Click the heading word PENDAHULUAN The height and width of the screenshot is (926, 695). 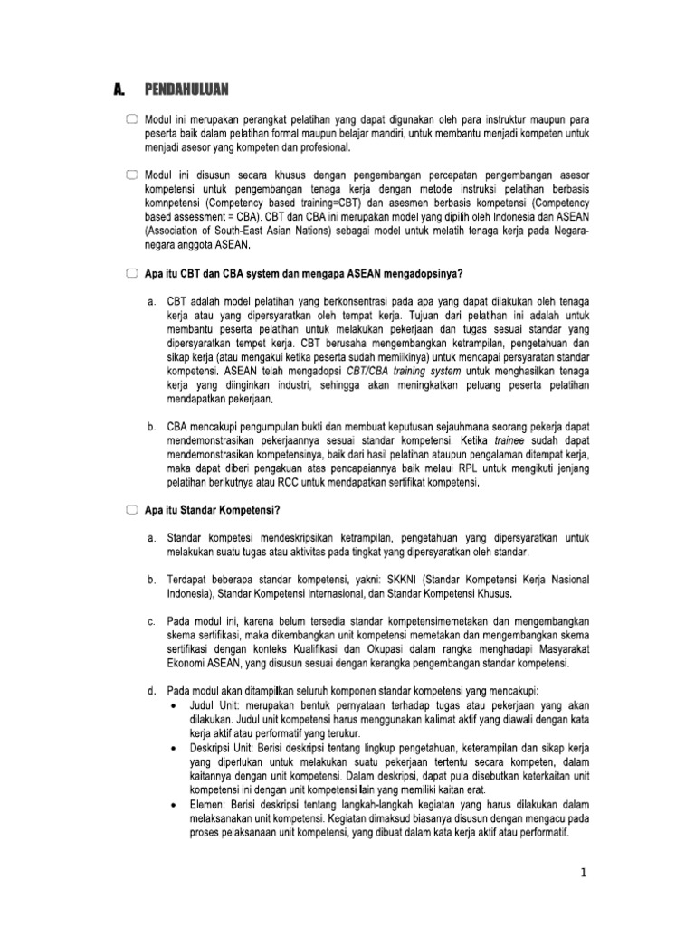click(x=186, y=89)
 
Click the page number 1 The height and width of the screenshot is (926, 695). click(x=584, y=873)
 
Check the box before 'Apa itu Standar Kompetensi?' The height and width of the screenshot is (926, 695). click(x=132, y=511)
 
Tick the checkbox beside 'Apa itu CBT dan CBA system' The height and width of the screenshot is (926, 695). click(x=132, y=273)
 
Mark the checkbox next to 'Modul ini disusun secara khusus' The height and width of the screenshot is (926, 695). click(x=132, y=174)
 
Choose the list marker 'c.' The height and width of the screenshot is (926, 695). click(x=150, y=621)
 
